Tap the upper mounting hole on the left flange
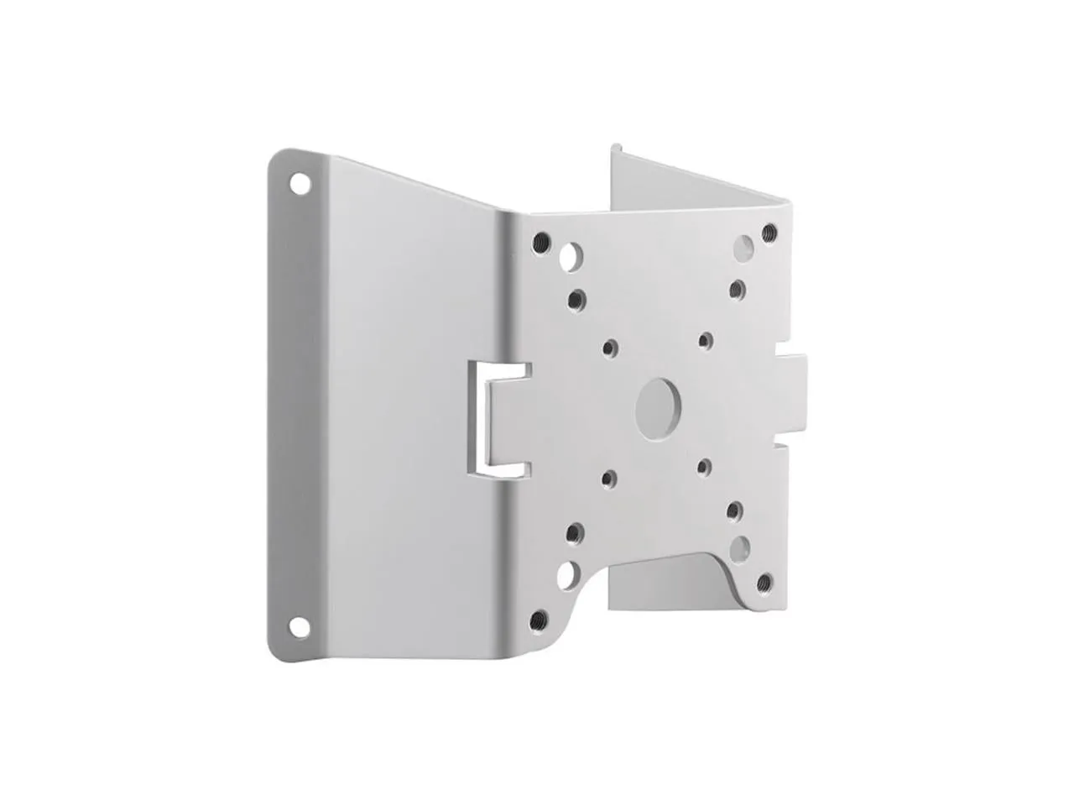(x=296, y=181)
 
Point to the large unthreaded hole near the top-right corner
(x=743, y=246)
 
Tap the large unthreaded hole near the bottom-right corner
(x=739, y=549)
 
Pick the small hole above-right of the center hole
(x=706, y=339)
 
